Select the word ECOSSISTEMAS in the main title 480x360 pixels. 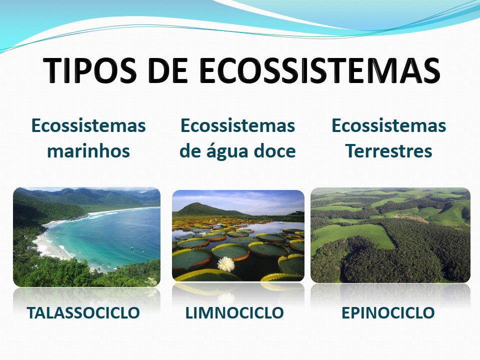[x=319, y=70]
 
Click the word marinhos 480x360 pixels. [x=88, y=151]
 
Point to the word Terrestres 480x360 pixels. [x=388, y=151]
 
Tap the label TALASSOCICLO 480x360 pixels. [x=83, y=313]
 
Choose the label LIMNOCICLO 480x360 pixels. [x=234, y=313]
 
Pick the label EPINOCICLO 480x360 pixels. [x=388, y=313]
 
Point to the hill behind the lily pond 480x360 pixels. [x=200, y=209]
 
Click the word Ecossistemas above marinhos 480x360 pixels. [x=88, y=125]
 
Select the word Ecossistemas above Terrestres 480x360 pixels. [x=388, y=125]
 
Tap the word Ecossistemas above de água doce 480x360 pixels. [x=237, y=125]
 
